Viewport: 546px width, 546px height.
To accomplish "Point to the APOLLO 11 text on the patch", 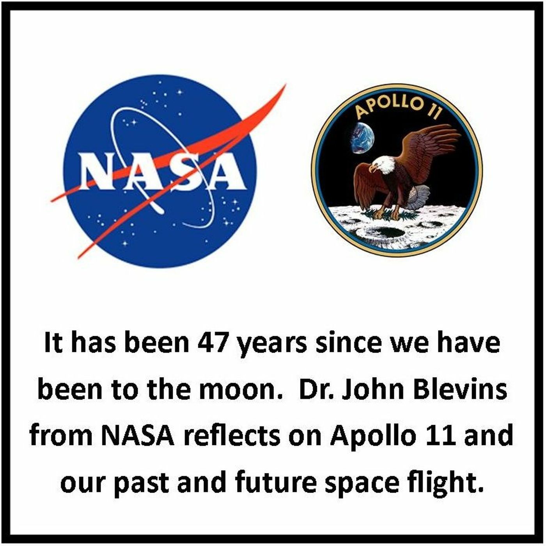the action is (x=397, y=108).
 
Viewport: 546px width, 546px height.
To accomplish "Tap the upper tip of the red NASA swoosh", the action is (x=286, y=84).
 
